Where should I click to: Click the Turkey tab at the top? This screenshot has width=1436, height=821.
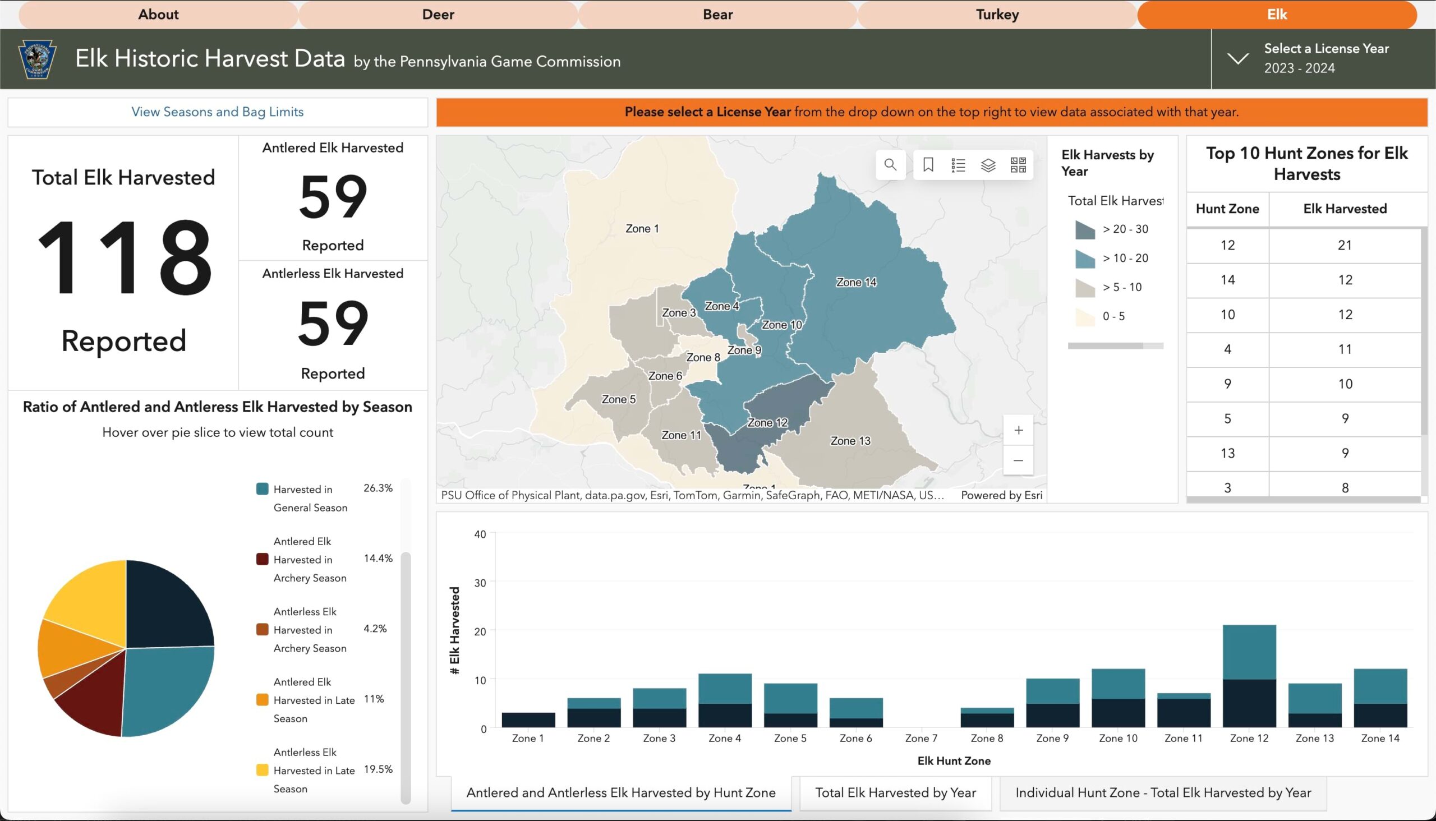pyautogui.click(x=997, y=14)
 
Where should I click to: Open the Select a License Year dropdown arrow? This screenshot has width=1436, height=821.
pyautogui.click(x=1237, y=58)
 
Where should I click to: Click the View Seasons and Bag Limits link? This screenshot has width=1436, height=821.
pyautogui.click(x=217, y=112)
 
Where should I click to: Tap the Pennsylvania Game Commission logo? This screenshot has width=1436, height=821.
pyautogui.click(x=37, y=59)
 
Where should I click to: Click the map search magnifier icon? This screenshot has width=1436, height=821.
pyautogui.click(x=890, y=165)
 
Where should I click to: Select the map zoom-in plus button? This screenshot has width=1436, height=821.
pyautogui.click(x=1018, y=430)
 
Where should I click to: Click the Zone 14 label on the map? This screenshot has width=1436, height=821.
pyautogui.click(x=855, y=282)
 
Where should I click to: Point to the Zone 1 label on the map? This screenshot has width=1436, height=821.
pyautogui.click(x=642, y=228)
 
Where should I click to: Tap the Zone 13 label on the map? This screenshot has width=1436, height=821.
pyautogui.click(x=850, y=441)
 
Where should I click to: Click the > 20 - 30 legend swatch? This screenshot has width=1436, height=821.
pyautogui.click(x=1085, y=229)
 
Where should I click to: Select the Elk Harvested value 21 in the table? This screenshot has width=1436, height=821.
pyautogui.click(x=1345, y=245)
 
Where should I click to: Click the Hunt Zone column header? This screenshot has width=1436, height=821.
pyautogui.click(x=1227, y=209)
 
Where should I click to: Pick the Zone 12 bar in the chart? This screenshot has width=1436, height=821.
pyautogui.click(x=1249, y=677)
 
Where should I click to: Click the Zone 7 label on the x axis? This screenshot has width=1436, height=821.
pyautogui.click(x=921, y=738)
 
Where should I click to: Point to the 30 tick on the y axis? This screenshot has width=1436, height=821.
pyautogui.click(x=480, y=583)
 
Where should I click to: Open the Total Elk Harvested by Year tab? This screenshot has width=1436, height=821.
pyautogui.click(x=895, y=792)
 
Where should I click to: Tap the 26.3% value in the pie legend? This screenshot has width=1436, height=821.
pyautogui.click(x=378, y=488)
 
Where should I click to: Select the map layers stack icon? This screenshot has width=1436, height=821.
pyautogui.click(x=988, y=165)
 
